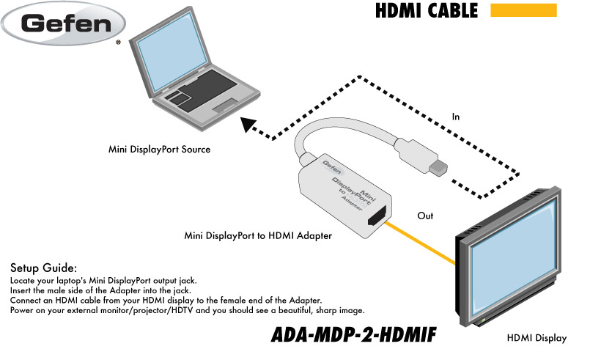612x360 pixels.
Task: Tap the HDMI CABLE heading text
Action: [x=426, y=11]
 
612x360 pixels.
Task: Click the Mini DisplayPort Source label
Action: [x=159, y=150]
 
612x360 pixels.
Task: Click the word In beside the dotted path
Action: [x=456, y=116]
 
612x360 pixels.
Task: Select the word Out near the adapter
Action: [x=425, y=216]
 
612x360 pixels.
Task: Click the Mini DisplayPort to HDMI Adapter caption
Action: [x=258, y=236]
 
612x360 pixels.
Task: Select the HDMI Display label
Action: [x=537, y=338]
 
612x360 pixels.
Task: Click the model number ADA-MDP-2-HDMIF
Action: [x=353, y=334]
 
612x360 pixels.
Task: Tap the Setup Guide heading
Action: [x=43, y=268]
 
